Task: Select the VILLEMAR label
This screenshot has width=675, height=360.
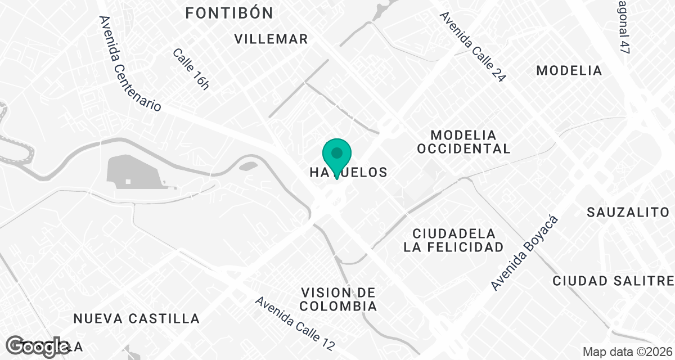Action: click(271, 39)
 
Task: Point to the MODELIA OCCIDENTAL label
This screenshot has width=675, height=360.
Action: click(463, 142)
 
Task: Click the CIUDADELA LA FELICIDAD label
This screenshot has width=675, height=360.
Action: click(453, 240)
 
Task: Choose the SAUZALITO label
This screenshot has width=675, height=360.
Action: click(628, 212)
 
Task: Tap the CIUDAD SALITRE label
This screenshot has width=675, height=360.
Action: click(613, 281)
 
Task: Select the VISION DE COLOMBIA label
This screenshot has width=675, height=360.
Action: click(339, 299)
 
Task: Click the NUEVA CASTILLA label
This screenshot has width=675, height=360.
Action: click(137, 319)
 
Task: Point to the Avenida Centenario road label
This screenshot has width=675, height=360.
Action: click(130, 63)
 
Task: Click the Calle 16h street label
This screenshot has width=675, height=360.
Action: click(191, 69)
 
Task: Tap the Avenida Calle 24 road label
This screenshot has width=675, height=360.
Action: click(473, 47)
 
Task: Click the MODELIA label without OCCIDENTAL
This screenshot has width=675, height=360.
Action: click(569, 71)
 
